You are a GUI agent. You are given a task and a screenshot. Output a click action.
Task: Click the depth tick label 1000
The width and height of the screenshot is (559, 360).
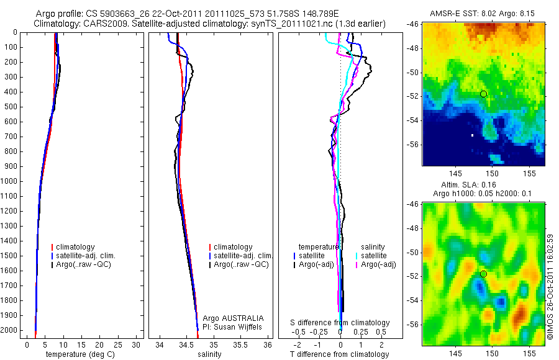tap(9, 181)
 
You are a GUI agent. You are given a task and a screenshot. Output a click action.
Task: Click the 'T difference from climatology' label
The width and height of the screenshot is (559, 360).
tap(339, 354)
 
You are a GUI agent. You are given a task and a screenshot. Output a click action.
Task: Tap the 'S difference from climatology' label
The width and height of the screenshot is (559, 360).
tap(340, 323)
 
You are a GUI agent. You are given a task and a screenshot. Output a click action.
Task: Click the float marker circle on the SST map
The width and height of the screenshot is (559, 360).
tap(483, 94)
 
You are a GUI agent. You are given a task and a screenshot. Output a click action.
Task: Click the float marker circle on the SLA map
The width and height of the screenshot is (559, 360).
tap(483, 274)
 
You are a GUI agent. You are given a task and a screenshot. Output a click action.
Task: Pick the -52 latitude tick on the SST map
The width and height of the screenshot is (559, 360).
tap(413, 96)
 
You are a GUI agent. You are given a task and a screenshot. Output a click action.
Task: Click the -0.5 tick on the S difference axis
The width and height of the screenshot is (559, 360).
tap(301, 331)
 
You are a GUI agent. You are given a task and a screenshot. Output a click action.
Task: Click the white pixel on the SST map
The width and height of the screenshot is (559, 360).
tap(472, 135)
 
